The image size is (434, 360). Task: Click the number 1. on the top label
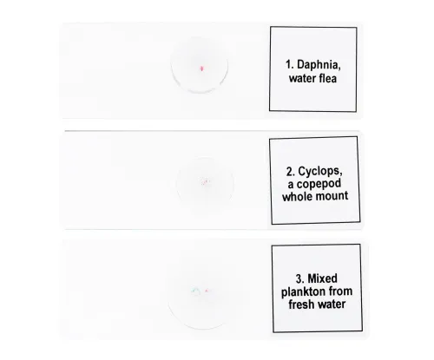pos(290,63)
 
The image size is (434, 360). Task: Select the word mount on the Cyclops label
pos(331,197)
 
